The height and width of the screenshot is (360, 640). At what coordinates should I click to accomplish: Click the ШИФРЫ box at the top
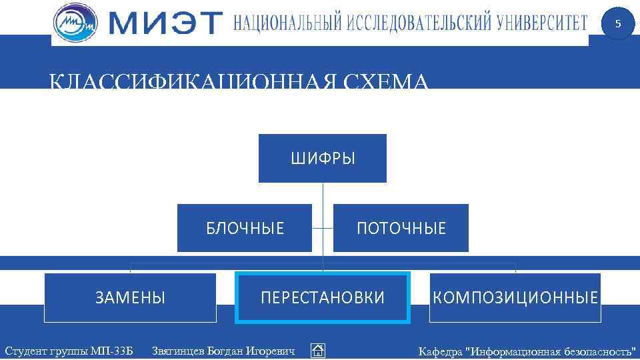(323, 159)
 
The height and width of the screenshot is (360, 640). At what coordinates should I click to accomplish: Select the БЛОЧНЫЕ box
(245, 228)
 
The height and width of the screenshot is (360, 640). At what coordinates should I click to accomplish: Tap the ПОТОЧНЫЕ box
(401, 228)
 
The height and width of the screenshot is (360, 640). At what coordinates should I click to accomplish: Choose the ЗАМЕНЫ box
(130, 297)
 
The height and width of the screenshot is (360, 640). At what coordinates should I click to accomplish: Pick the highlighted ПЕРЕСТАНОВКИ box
(323, 297)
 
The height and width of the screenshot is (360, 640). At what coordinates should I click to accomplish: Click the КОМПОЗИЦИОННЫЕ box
(515, 297)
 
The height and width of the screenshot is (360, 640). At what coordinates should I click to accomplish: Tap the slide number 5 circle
(617, 24)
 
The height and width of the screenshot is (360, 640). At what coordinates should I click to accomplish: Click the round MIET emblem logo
(75, 23)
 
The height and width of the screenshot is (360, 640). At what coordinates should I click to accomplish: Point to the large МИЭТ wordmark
(164, 23)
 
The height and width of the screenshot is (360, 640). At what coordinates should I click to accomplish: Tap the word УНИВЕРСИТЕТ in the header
(541, 23)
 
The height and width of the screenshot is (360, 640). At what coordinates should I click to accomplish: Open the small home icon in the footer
(318, 351)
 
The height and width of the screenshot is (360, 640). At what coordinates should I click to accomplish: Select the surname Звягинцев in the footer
(178, 351)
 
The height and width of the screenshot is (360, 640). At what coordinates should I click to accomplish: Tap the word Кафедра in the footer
(440, 351)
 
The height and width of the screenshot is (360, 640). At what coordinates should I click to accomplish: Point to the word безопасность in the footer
(600, 351)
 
